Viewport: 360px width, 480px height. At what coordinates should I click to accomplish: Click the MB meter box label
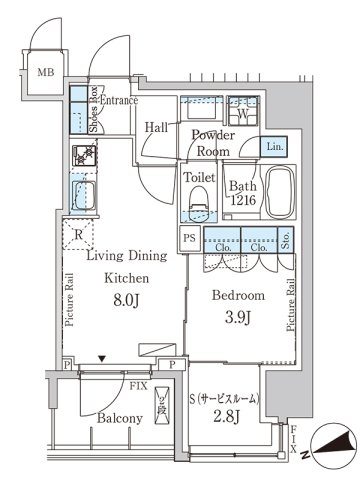coord(46,72)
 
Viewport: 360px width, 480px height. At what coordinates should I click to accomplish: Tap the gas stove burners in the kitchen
coord(84,156)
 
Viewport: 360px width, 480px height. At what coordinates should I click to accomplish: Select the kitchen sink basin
coord(83,195)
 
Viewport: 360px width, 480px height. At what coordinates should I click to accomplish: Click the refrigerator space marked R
coord(78,234)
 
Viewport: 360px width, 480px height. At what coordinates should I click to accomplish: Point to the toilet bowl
coord(198,203)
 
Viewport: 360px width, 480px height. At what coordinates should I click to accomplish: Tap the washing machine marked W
coord(243,115)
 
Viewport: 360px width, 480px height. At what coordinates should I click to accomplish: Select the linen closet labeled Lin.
coord(274,147)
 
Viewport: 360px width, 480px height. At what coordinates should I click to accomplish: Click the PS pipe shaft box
coord(190,239)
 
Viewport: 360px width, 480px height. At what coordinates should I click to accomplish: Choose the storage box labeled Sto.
coord(286,239)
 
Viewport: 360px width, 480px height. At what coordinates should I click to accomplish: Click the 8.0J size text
coord(126,300)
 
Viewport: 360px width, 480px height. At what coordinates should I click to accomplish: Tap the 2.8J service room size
coord(227,416)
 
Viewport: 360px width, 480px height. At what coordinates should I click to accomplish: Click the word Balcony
coord(120,418)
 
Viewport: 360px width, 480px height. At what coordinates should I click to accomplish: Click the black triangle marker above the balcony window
coord(102,359)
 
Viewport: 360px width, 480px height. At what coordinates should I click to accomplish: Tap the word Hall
coord(156,127)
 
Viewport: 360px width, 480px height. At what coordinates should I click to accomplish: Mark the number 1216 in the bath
coord(244,200)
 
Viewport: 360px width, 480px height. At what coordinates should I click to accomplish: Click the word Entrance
coord(119,100)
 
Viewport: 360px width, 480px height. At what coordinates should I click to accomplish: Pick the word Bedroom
coord(238,295)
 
